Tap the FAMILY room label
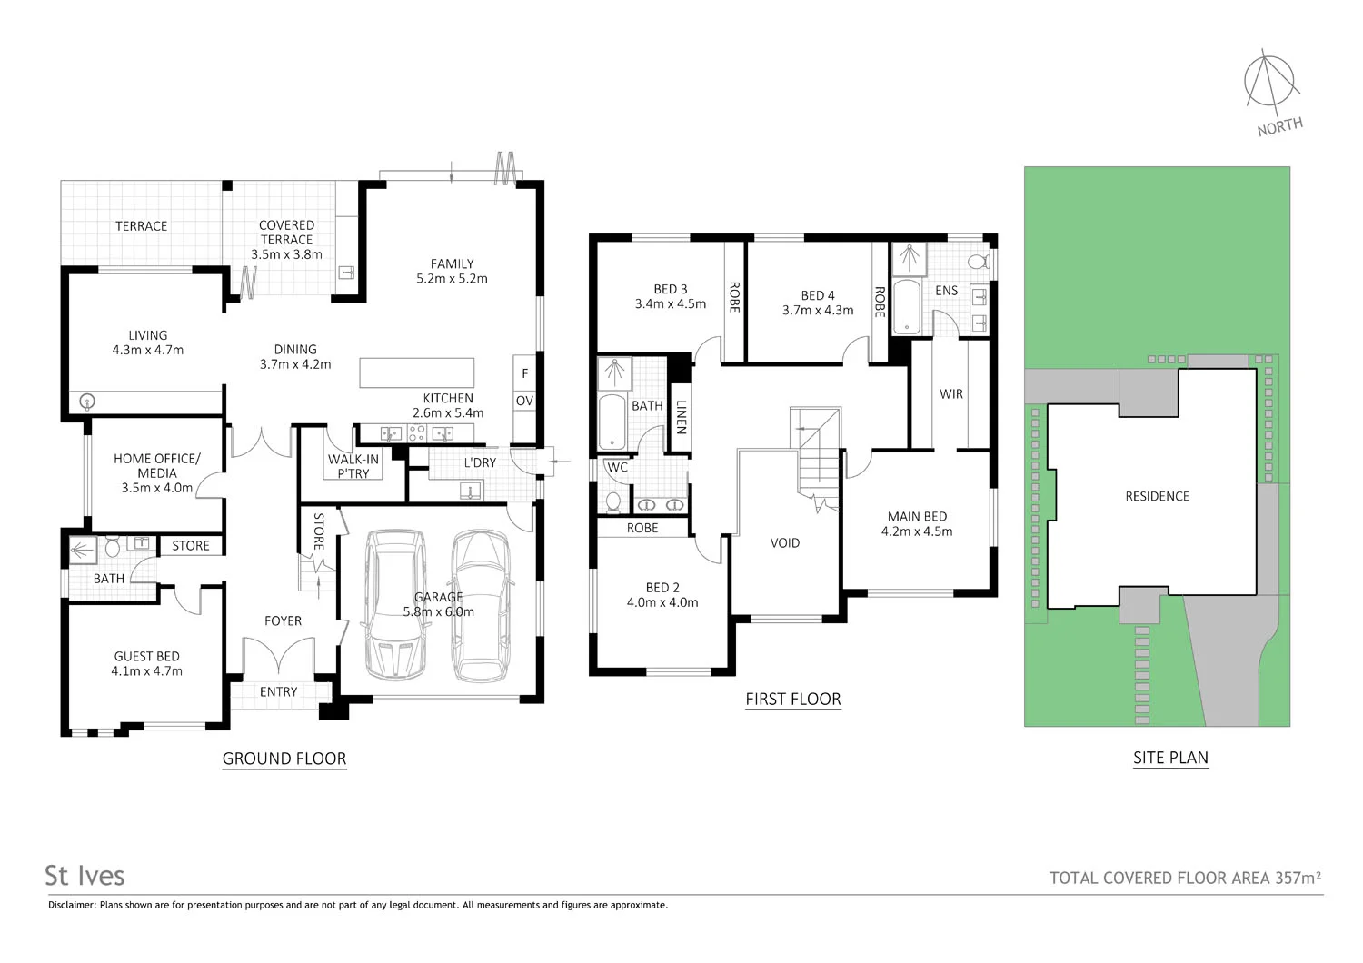[452, 264]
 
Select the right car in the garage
[481, 606]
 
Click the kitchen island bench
[417, 373]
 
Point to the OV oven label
[524, 401]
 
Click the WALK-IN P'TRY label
[353, 466]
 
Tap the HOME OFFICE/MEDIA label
[156, 465]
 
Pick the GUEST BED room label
[146, 656]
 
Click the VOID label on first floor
[785, 543]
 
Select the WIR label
[951, 394]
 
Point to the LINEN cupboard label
[681, 416]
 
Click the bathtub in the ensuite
[907, 307]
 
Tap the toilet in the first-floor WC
[613, 501]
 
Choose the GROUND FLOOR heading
[284, 759]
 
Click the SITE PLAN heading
[1170, 758]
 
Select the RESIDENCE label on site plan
[1157, 496]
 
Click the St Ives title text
[85, 876]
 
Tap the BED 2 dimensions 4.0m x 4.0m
[662, 602]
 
